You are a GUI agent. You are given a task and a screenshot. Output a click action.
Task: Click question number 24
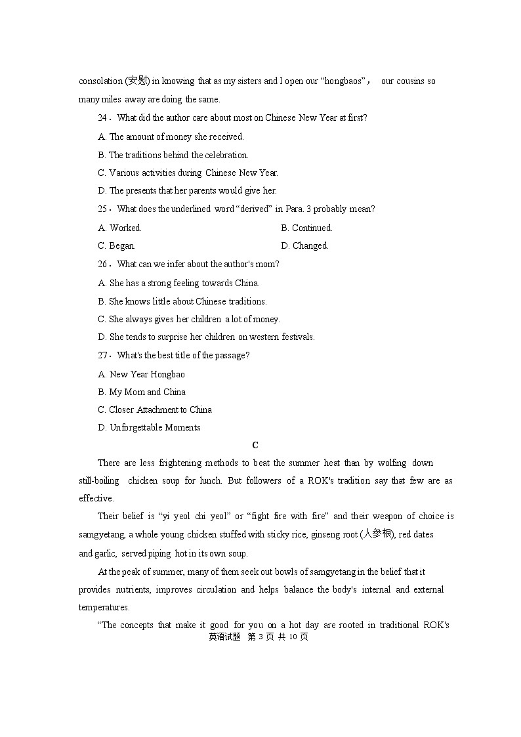tap(103, 118)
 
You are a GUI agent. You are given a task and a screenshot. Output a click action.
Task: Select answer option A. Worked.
tap(119, 228)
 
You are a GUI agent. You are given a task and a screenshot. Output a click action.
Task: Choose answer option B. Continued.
tap(306, 228)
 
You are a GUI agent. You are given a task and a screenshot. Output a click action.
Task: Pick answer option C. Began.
tap(117, 245)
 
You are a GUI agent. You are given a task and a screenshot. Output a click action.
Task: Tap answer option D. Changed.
tap(304, 245)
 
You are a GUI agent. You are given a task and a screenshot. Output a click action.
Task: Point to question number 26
tap(103, 264)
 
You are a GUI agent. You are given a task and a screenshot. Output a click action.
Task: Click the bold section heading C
tap(256, 446)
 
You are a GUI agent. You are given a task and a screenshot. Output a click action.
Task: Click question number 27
tap(103, 356)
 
